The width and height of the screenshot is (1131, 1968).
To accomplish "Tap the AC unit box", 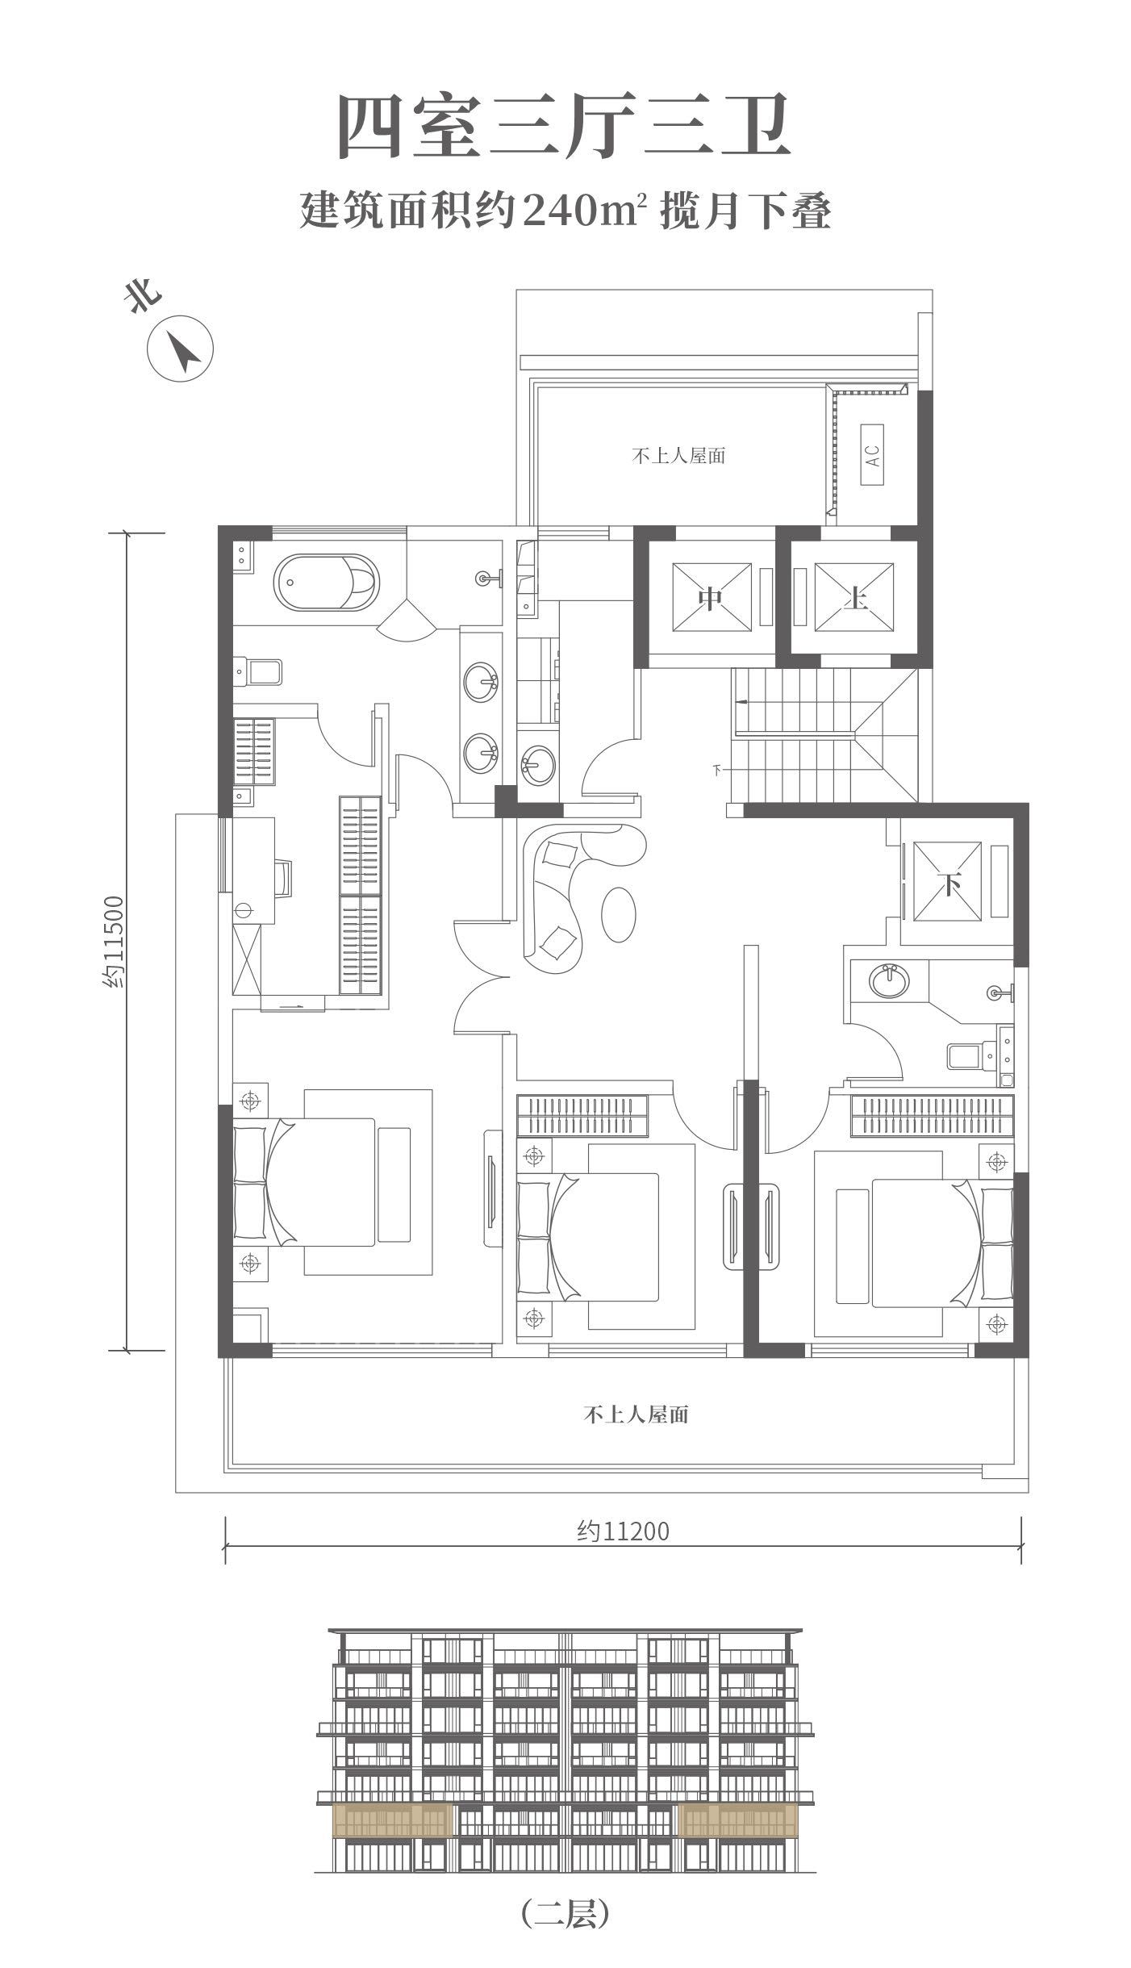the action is [x=872, y=456].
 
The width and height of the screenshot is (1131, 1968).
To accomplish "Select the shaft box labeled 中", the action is [x=710, y=598].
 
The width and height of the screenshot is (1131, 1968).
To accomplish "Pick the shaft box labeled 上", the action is [x=854, y=598].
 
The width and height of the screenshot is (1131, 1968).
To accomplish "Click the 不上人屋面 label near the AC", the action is [x=678, y=457].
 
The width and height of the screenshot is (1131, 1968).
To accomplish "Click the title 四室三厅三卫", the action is [x=564, y=126].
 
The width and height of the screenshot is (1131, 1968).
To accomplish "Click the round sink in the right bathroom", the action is [x=890, y=980].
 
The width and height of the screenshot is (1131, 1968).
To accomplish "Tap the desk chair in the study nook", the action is [x=283, y=877].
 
